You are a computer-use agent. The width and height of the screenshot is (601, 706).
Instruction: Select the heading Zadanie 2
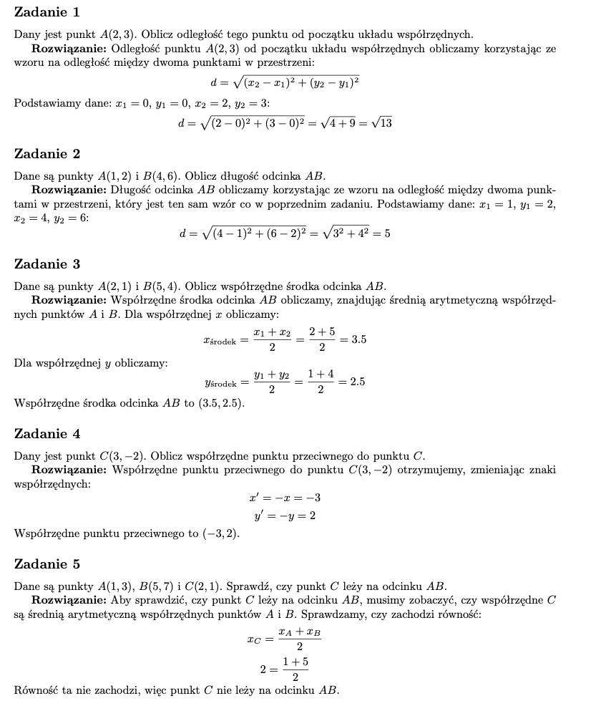47,154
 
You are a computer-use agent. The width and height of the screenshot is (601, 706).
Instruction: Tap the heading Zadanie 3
47,264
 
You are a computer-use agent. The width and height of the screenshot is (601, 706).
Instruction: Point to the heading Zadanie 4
47,434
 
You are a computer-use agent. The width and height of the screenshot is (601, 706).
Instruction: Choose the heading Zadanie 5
47,564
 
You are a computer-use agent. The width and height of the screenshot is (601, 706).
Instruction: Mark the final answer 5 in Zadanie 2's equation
386,233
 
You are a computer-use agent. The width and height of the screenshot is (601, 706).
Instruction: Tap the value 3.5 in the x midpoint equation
358,339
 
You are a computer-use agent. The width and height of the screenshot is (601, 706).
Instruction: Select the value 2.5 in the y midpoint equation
357,382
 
